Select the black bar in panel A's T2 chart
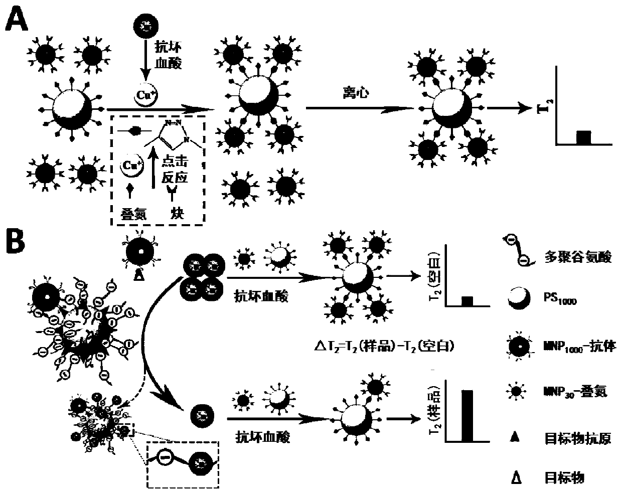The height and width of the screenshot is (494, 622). (583, 137)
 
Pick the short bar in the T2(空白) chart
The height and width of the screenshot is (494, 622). (467, 301)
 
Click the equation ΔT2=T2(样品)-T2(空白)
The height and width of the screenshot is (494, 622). (383, 345)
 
